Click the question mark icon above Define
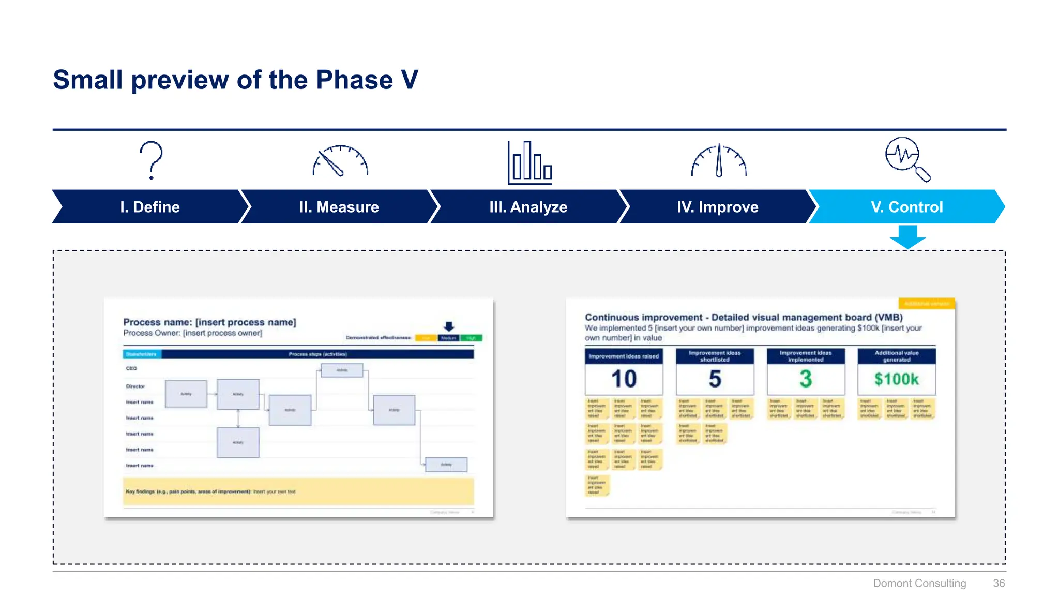[151, 160]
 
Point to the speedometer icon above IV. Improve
[719, 161]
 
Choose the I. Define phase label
[150, 207]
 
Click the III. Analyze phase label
[528, 207]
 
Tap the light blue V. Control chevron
[906, 207]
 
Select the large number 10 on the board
[624, 379]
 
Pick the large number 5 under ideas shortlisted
[715, 379]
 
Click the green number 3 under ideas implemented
[806, 379]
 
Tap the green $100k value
[896, 379]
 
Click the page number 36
[999, 583]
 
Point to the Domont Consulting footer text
[919, 583]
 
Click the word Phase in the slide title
[354, 80]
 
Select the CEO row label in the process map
[131, 368]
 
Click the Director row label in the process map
[135, 386]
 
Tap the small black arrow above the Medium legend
[449, 326]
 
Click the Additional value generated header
[896, 356]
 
